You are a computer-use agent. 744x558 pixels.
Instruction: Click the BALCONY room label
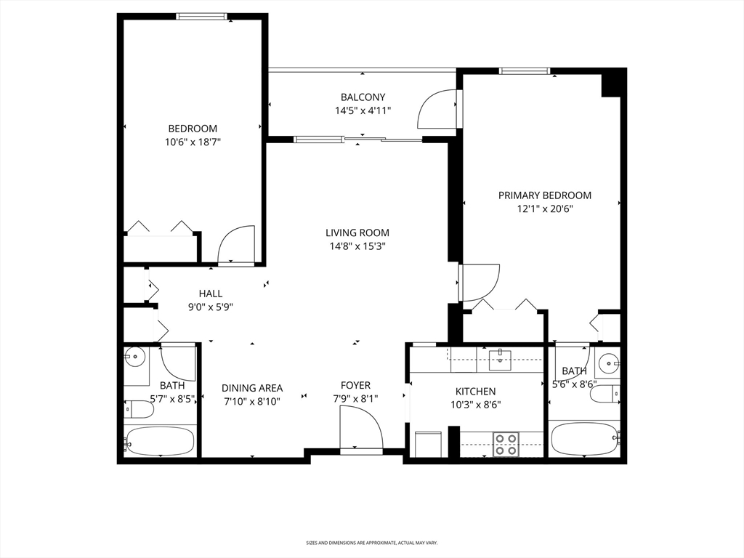coord(363,97)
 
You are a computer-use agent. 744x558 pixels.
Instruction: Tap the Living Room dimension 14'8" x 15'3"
coord(357,246)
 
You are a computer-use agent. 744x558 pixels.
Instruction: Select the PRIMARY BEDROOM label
coord(544,195)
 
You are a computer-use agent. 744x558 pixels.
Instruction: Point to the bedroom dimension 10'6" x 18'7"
coord(192,142)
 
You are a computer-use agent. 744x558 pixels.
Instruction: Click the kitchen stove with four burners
coord(505,444)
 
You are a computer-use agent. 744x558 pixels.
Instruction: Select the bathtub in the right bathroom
coord(584,438)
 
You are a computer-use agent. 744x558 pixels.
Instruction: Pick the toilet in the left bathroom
coord(139,411)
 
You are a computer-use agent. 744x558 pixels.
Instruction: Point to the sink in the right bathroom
coord(608,361)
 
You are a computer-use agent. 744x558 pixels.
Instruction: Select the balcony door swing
coord(437,110)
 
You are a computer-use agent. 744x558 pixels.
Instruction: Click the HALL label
coord(211,294)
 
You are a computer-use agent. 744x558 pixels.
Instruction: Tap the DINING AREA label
coord(252,388)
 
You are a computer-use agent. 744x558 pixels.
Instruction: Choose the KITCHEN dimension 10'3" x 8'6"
coord(476,405)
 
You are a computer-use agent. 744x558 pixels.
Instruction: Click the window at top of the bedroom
coord(202,17)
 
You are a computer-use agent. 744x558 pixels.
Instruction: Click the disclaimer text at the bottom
coord(371,543)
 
